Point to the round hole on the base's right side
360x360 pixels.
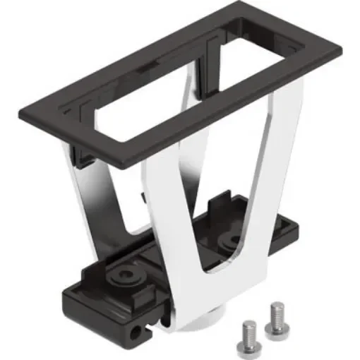coord(230,240)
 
